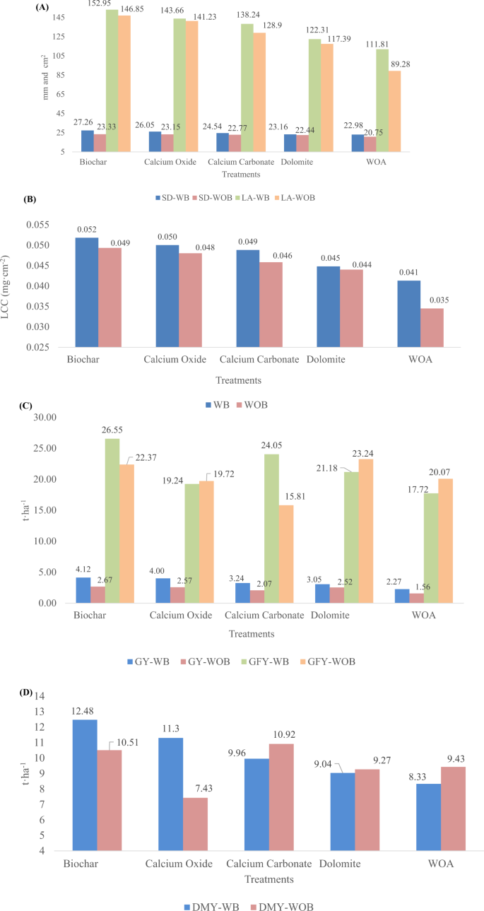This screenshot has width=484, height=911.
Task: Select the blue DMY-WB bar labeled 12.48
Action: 84,784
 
